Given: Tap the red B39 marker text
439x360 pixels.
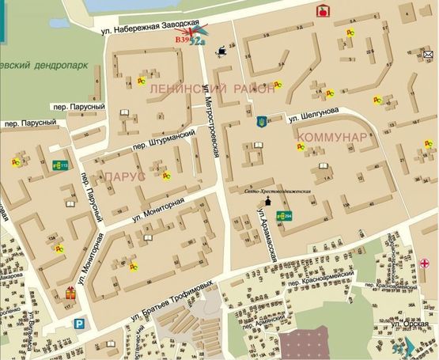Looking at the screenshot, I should [x=183, y=38].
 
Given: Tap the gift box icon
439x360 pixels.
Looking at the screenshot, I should [x=70, y=294].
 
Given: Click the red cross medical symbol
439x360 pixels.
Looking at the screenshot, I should [x=426, y=262].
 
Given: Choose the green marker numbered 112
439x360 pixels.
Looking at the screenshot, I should [x=59, y=165].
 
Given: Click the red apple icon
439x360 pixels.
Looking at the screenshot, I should [x=322, y=11].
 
